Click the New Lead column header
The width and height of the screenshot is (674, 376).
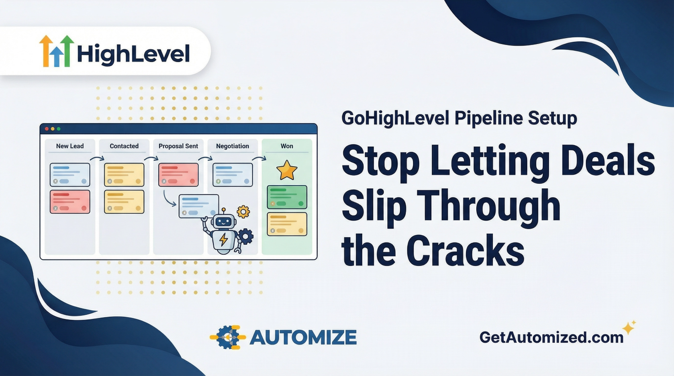coord(70,146)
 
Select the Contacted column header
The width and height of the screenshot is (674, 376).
coord(124,146)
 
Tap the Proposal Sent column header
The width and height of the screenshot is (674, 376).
coord(178,146)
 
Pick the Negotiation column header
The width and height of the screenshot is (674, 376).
coord(232,146)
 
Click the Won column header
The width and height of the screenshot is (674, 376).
coord(287,146)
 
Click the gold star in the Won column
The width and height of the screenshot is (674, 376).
coord(287,171)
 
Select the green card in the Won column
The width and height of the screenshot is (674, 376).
coord(287,197)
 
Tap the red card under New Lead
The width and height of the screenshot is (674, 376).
coord(70,202)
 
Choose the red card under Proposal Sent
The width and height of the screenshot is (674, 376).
coord(178,175)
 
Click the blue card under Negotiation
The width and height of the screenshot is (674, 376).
coord(232,175)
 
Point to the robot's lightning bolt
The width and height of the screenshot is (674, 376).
coord(223,239)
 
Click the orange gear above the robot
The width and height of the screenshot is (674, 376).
coord(243,212)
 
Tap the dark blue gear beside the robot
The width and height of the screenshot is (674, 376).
coord(245,236)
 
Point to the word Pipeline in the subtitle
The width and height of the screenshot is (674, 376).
coord(489,118)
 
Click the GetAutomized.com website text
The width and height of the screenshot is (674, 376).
coord(551,337)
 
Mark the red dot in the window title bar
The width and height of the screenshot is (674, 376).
coord(47,129)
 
